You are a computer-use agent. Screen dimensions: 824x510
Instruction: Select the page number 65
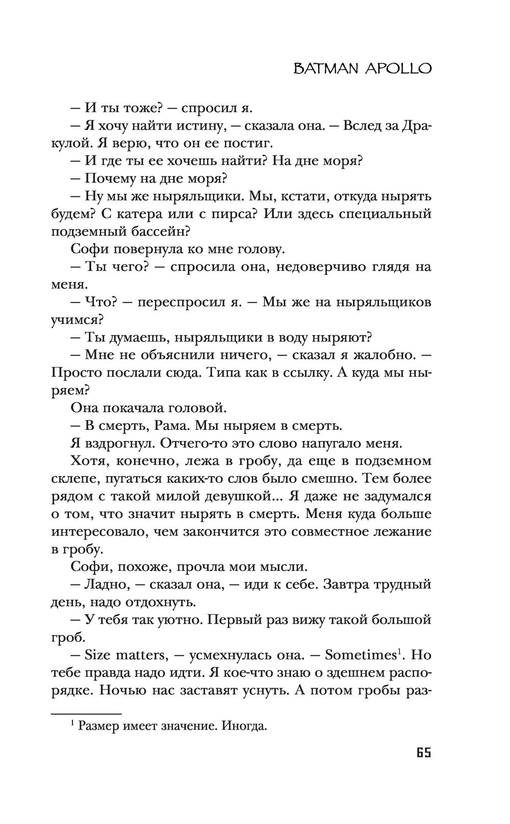423,752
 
